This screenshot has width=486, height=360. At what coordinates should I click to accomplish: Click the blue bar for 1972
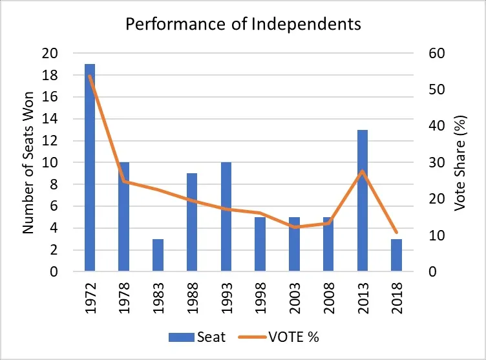click(x=90, y=168)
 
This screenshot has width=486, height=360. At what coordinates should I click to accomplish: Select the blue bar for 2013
click(x=363, y=200)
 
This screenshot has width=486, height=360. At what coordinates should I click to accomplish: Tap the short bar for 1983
click(x=158, y=255)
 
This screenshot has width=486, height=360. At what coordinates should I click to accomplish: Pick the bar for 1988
click(x=192, y=222)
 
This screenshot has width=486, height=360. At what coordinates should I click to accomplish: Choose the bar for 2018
click(x=396, y=255)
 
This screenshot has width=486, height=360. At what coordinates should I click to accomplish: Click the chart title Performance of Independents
click(x=243, y=25)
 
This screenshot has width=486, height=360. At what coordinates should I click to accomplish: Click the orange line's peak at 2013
click(x=363, y=171)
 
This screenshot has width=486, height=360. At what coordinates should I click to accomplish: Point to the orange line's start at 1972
click(x=90, y=76)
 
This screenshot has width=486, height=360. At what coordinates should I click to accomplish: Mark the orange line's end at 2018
click(x=396, y=232)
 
